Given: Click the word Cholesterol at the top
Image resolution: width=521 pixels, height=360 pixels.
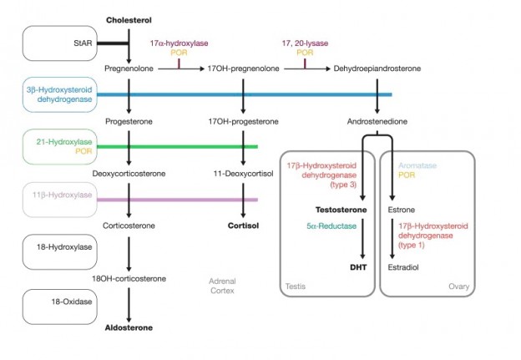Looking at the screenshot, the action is tap(129, 20).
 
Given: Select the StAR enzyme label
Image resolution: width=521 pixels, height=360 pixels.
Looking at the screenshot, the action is tap(83, 43).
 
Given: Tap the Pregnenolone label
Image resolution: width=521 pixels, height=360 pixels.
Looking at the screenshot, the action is tap(129, 68).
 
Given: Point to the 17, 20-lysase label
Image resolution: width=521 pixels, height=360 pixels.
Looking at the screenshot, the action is tap(305, 43).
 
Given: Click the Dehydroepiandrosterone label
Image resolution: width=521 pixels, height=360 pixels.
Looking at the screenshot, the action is tap(377, 68).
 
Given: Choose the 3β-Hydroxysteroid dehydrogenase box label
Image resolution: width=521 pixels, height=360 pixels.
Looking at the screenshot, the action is tap(59, 94).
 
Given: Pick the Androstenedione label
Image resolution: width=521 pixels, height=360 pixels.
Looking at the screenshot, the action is tap(377, 121).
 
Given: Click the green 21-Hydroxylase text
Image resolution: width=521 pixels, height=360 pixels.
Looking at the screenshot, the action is tap(64, 142).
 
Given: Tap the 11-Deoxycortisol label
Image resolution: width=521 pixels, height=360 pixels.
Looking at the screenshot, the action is tap(243, 174).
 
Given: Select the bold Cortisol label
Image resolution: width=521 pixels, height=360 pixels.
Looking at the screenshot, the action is tap(243, 226).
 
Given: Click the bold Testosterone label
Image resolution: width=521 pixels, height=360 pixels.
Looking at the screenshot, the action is tap(341, 210).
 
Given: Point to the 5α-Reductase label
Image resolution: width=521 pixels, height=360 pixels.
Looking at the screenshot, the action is tap(331, 226).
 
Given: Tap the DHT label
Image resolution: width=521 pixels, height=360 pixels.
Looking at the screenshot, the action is tap(358, 267).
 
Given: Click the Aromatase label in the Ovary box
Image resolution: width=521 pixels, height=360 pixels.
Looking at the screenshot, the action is tap(417, 165).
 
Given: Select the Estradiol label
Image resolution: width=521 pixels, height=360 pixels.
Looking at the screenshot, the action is tap(403, 267).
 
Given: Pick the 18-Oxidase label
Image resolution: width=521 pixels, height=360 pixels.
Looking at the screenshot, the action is tap(72, 302).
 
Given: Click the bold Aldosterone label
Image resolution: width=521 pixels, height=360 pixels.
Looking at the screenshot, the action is tap(129, 327).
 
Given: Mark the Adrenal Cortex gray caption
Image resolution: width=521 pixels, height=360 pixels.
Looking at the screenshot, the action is tap(222, 286).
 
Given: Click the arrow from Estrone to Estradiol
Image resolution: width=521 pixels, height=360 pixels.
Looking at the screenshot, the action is tap(392, 239).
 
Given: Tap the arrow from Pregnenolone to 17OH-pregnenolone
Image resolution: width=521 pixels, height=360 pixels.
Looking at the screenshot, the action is tap(181, 68).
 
